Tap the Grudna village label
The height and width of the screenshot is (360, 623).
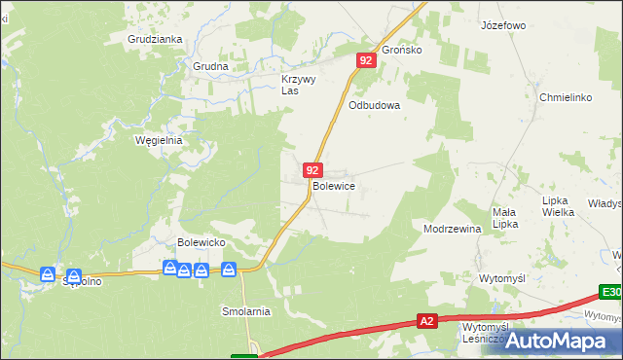[209, 67]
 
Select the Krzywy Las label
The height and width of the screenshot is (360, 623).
[298, 85]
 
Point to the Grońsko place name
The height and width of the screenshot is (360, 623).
[401, 50]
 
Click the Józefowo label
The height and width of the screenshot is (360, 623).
[503, 25]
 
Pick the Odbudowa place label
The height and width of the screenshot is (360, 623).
[375, 106]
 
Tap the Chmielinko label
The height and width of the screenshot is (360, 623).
[566, 97]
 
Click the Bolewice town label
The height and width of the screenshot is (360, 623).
[333, 186]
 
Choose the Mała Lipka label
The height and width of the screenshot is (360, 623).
[504, 218]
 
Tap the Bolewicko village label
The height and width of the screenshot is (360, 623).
[202, 241]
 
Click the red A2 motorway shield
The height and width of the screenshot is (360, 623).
[426, 320]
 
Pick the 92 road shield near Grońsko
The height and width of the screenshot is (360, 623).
[365, 60]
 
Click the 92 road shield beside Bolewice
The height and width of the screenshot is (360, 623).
[311, 170]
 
